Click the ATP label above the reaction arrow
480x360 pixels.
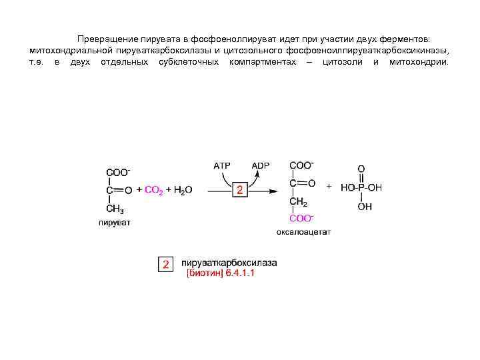pos(221,165)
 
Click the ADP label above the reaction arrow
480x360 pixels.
pos(261,165)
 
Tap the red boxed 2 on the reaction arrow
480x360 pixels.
pos(241,191)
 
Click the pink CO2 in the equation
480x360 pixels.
pos(153,190)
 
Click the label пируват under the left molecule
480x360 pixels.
pos(115,223)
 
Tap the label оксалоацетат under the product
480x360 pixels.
pos(303,232)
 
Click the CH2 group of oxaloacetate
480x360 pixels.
pos(298,202)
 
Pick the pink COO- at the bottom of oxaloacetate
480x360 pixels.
pos(301,218)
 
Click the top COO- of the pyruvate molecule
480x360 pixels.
pos(118,171)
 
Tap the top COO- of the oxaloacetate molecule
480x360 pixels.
pos(301,165)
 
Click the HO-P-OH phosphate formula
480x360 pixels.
pos(361,188)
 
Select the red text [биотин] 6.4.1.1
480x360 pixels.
pos(220,273)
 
